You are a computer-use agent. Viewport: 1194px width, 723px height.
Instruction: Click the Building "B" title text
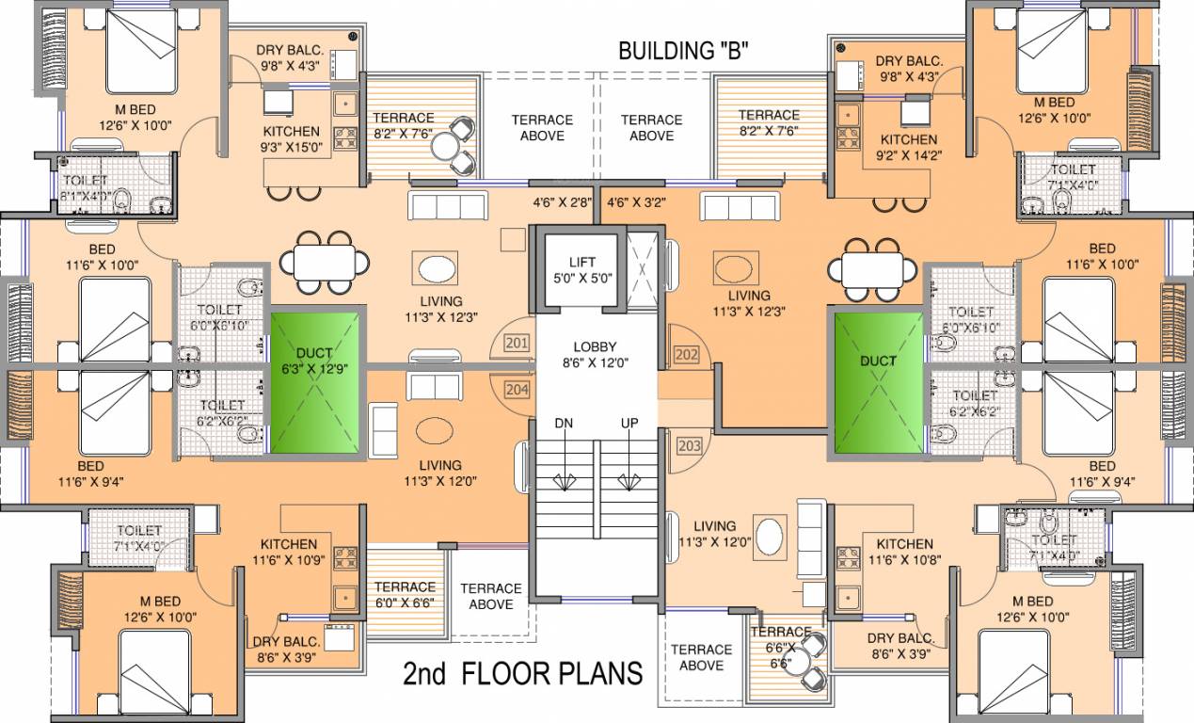click(682, 51)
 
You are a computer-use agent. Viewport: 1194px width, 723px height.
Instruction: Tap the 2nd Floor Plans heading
click(523, 673)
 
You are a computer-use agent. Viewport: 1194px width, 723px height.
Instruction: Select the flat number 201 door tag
click(517, 345)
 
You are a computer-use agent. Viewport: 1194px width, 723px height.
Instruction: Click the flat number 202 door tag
click(686, 355)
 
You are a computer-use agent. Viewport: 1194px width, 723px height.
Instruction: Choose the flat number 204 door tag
click(517, 388)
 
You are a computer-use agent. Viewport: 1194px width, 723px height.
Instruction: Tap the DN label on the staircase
click(564, 424)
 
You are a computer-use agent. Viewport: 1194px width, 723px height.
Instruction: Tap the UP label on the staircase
click(629, 424)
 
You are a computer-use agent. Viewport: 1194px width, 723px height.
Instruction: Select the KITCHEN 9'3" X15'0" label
click(291, 139)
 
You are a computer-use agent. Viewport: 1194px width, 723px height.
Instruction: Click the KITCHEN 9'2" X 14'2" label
click(909, 147)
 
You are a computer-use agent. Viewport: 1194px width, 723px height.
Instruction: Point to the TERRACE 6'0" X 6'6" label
click(406, 595)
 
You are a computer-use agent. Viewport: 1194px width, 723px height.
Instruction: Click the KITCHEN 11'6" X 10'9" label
click(290, 553)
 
